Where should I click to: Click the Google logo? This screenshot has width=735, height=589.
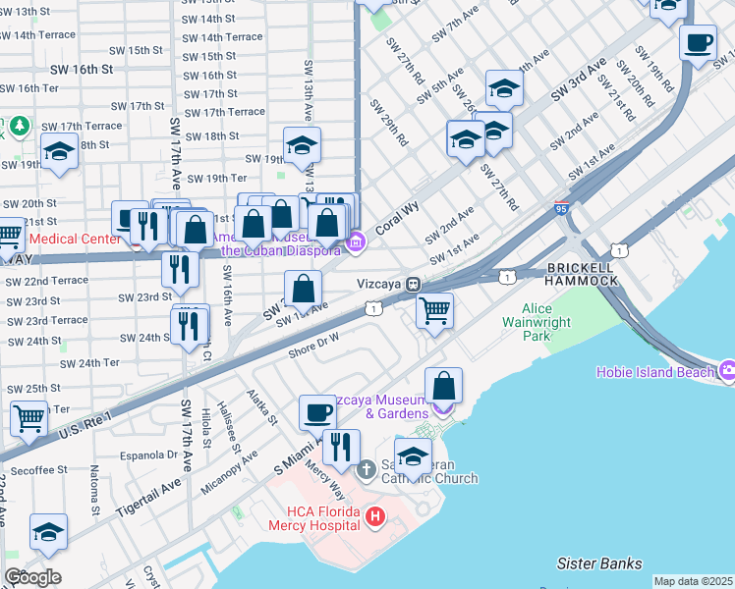point(32,577)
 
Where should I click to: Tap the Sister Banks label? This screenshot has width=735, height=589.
point(599,563)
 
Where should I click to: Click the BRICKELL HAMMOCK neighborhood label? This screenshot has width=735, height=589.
point(580,274)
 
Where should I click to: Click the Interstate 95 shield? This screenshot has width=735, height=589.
point(561,208)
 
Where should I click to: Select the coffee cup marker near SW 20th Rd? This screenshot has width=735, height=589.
point(698,43)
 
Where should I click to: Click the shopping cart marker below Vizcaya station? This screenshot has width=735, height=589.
point(434,311)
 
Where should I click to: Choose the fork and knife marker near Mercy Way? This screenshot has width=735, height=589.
point(341,447)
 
